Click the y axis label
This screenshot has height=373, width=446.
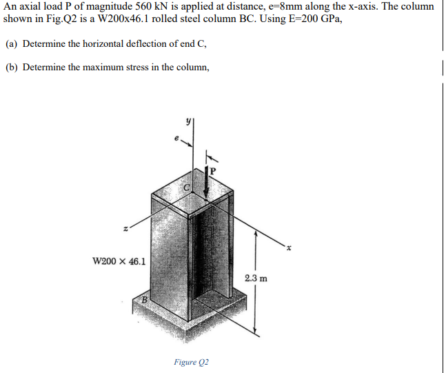pyautogui.click(x=184, y=119)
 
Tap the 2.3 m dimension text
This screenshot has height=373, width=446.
pyautogui.click(x=256, y=279)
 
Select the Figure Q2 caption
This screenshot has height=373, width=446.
pyautogui.click(x=192, y=362)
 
